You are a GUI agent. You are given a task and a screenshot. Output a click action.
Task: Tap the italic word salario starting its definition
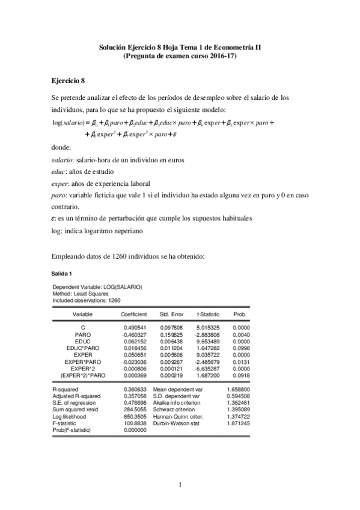(63, 161)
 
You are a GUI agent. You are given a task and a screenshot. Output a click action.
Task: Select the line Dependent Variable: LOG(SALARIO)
(97, 287)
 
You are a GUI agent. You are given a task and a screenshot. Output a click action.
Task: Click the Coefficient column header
(134, 315)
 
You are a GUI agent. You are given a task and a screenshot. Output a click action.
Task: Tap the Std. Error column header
(171, 315)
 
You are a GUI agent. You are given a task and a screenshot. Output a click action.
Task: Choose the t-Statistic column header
(207, 315)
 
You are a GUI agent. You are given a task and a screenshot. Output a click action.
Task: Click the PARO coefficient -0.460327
(134, 333)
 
